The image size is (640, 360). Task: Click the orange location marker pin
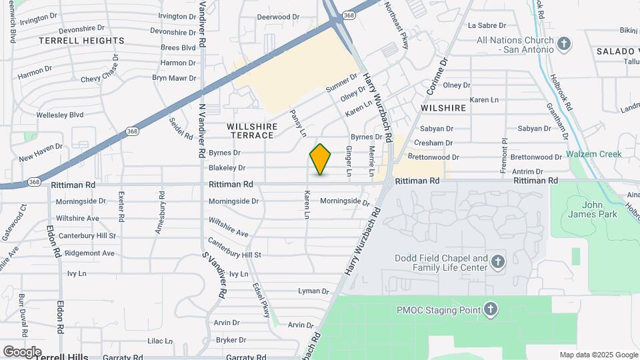click(321, 159)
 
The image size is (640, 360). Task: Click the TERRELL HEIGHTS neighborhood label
click(81, 41)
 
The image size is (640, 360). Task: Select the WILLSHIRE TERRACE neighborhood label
click(251, 131)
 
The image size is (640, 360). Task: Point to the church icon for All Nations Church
click(564, 44)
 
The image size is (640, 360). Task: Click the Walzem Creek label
click(594, 154)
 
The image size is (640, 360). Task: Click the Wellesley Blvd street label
click(60, 115)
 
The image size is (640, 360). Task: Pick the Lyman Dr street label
click(314, 291)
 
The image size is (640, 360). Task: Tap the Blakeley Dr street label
click(227, 168)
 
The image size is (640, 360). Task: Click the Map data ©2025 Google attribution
click(598, 355)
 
